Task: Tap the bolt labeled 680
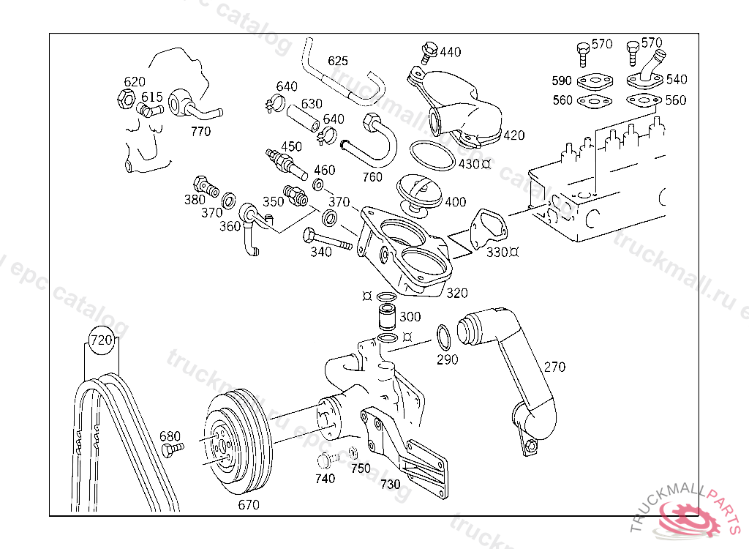[172, 448]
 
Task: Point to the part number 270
[554, 367]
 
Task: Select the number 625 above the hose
[337, 61]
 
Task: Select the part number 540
[677, 79]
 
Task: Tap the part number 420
[514, 135]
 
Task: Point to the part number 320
[456, 293]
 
